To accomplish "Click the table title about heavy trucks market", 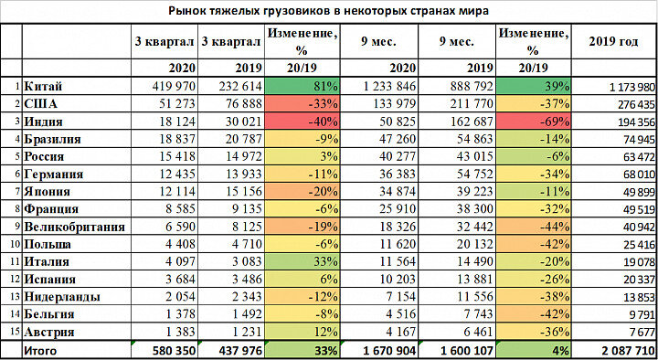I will (x=329, y=10).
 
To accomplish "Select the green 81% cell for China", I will (x=300, y=86).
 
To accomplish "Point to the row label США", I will (x=42, y=103).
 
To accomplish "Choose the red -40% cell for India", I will (x=300, y=122).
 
